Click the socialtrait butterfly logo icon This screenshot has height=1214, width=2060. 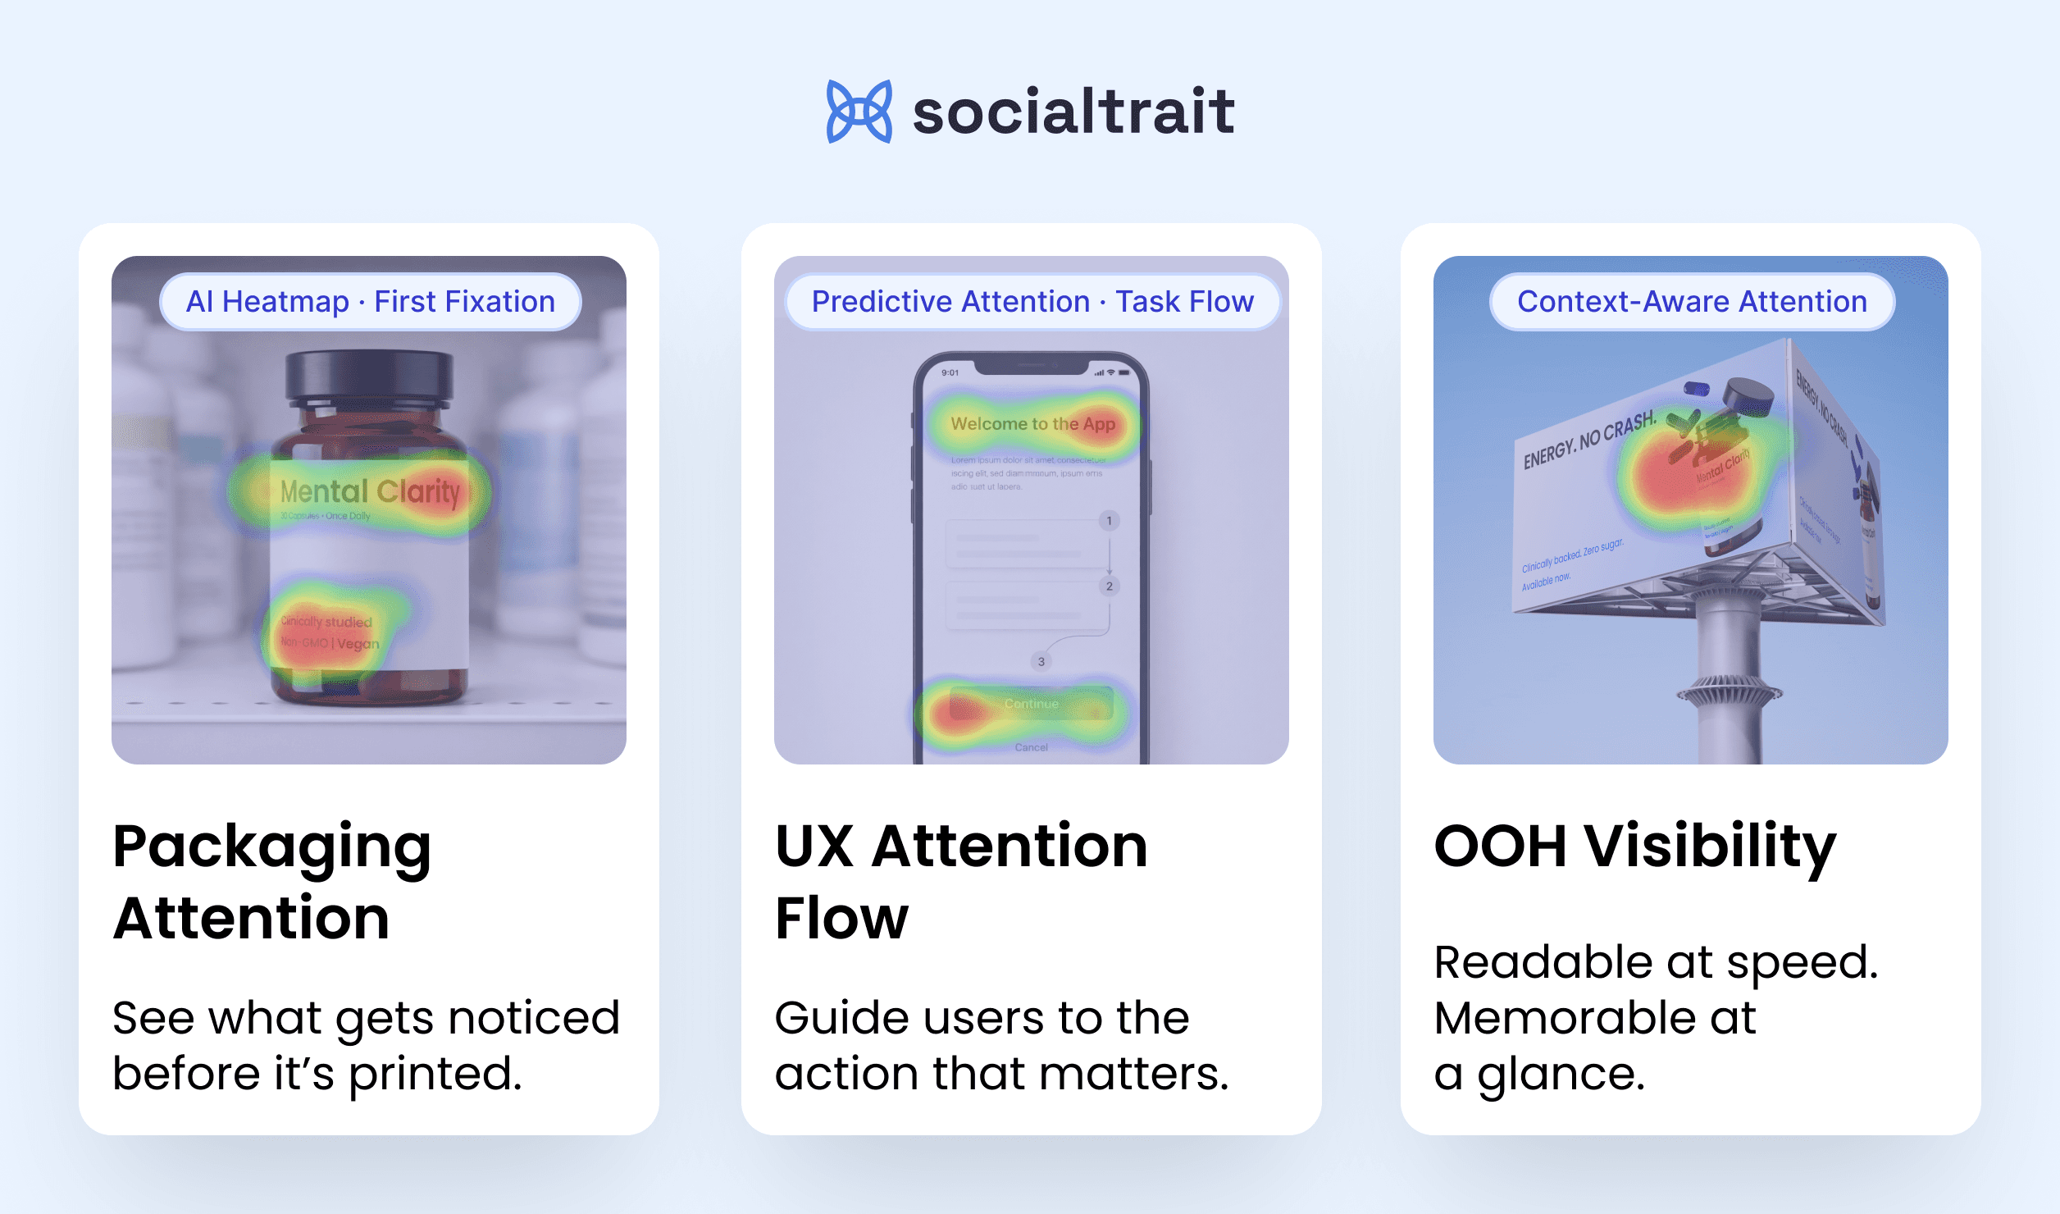(859, 112)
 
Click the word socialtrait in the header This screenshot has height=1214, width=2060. (1073, 112)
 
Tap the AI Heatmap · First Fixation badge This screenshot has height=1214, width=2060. (371, 302)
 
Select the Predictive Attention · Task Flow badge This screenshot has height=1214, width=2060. (1032, 302)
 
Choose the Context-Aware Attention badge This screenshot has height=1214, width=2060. (1692, 302)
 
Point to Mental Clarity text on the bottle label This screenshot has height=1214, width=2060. (369, 491)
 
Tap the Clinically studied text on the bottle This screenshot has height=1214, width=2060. (326, 622)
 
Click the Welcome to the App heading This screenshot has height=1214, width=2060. (1032, 424)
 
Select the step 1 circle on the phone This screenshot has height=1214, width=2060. (1109, 521)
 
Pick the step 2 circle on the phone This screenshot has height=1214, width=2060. (1109, 586)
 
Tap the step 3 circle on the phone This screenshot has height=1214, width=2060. (1041, 661)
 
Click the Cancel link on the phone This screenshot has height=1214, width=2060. (1031, 747)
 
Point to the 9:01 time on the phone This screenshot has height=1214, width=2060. (950, 372)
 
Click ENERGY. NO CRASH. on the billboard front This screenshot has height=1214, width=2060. (1588, 441)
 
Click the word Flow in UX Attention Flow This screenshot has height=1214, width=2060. (841, 918)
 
